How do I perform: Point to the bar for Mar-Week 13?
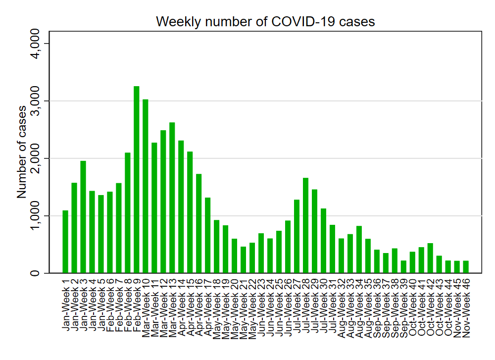pos(172,198)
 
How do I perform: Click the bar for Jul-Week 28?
pos(306,225)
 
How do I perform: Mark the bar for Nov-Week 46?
pos(466,267)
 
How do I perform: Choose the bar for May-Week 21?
pos(244,260)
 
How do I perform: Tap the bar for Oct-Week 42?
pos(430,258)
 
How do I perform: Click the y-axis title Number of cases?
pos(22,152)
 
